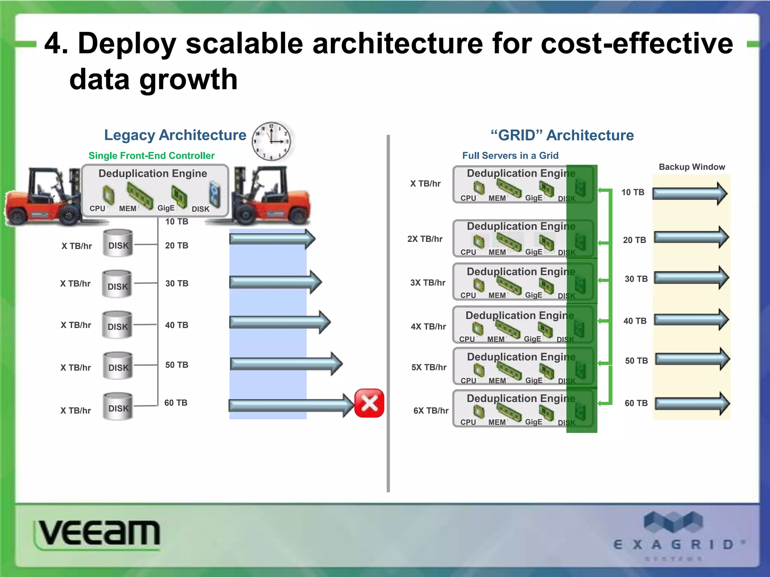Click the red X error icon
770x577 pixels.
tap(369, 403)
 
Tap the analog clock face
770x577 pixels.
tap(271, 141)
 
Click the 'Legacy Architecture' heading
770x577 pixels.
tap(175, 135)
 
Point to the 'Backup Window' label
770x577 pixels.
tap(692, 167)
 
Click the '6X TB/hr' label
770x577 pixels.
tap(431, 411)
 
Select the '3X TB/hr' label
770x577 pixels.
tap(428, 282)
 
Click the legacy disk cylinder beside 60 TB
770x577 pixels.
tap(118, 406)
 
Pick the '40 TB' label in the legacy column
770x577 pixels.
tap(177, 325)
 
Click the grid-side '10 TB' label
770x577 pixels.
tap(633, 192)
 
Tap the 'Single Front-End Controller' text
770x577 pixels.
tap(152, 156)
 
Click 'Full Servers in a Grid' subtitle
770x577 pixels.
tap(510, 156)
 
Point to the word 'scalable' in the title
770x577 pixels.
tap(244, 43)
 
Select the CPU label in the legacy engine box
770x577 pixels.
tap(97, 208)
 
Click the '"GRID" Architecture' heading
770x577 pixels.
tap(562, 135)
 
